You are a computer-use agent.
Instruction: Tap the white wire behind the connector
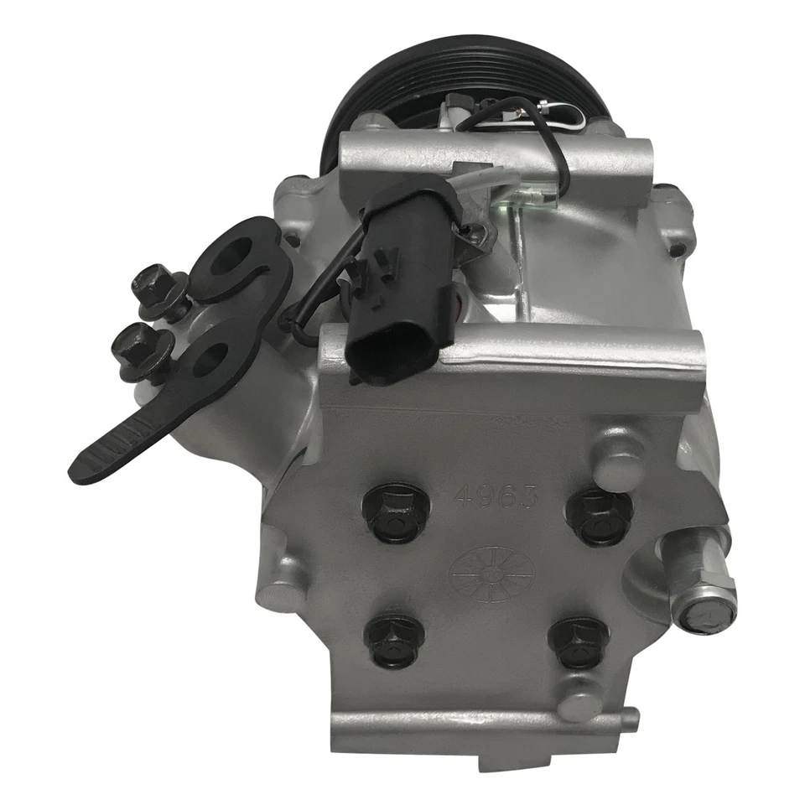pos(495,178)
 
